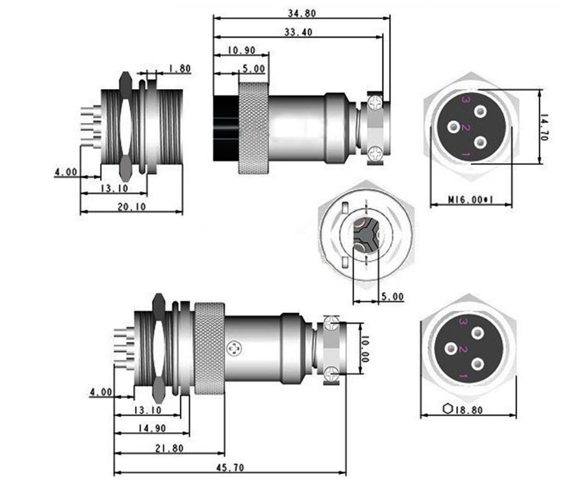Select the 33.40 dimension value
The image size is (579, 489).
299,33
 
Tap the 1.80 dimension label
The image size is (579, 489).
179,69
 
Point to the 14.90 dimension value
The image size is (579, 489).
152,429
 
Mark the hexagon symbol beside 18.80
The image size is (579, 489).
447,409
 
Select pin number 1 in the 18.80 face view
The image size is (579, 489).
464,376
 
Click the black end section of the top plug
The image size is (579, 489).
225,127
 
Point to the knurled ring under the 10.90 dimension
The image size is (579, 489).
253,128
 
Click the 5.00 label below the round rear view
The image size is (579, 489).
392,297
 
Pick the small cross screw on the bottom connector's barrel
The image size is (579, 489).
233,347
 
